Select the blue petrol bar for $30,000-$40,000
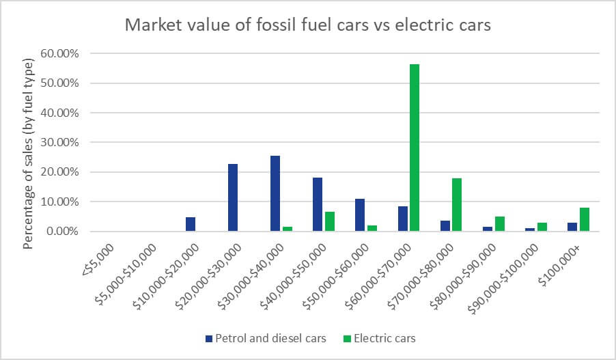(275, 193)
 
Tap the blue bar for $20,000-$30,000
(233, 197)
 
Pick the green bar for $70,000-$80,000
(456, 204)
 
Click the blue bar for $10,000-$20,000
(191, 224)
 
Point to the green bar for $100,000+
(585, 219)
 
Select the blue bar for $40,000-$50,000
(318, 204)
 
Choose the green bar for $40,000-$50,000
(330, 221)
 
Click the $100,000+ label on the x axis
(570, 260)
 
